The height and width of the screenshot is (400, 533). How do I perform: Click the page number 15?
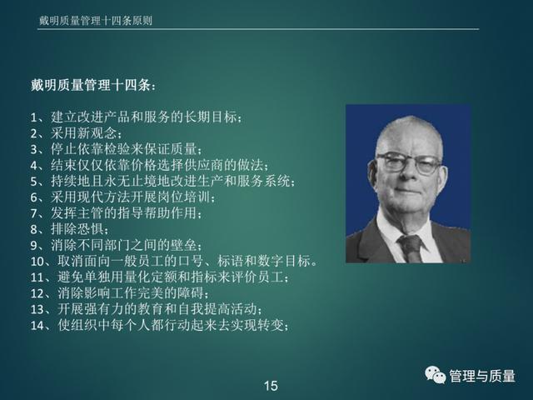tap(271, 386)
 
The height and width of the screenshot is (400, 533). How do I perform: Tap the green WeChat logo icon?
tap(435, 375)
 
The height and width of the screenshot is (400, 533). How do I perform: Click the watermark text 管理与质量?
tap(482, 376)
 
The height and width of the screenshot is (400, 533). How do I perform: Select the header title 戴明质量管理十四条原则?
tap(96, 20)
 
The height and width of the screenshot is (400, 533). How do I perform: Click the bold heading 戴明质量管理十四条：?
tap(94, 85)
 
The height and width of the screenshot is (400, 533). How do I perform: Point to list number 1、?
tap(40, 117)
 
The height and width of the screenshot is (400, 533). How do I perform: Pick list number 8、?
tap(40, 229)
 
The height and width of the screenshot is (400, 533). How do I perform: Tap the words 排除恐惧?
tap(77, 228)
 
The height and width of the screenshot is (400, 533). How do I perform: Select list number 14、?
tap(43, 326)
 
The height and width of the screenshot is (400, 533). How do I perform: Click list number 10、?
tap(43, 261)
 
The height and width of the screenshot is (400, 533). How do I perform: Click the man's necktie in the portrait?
tap(411, 248)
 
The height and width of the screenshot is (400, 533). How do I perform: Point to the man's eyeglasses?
tap(409, 163)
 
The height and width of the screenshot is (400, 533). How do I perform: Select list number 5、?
tap(40, 182)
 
